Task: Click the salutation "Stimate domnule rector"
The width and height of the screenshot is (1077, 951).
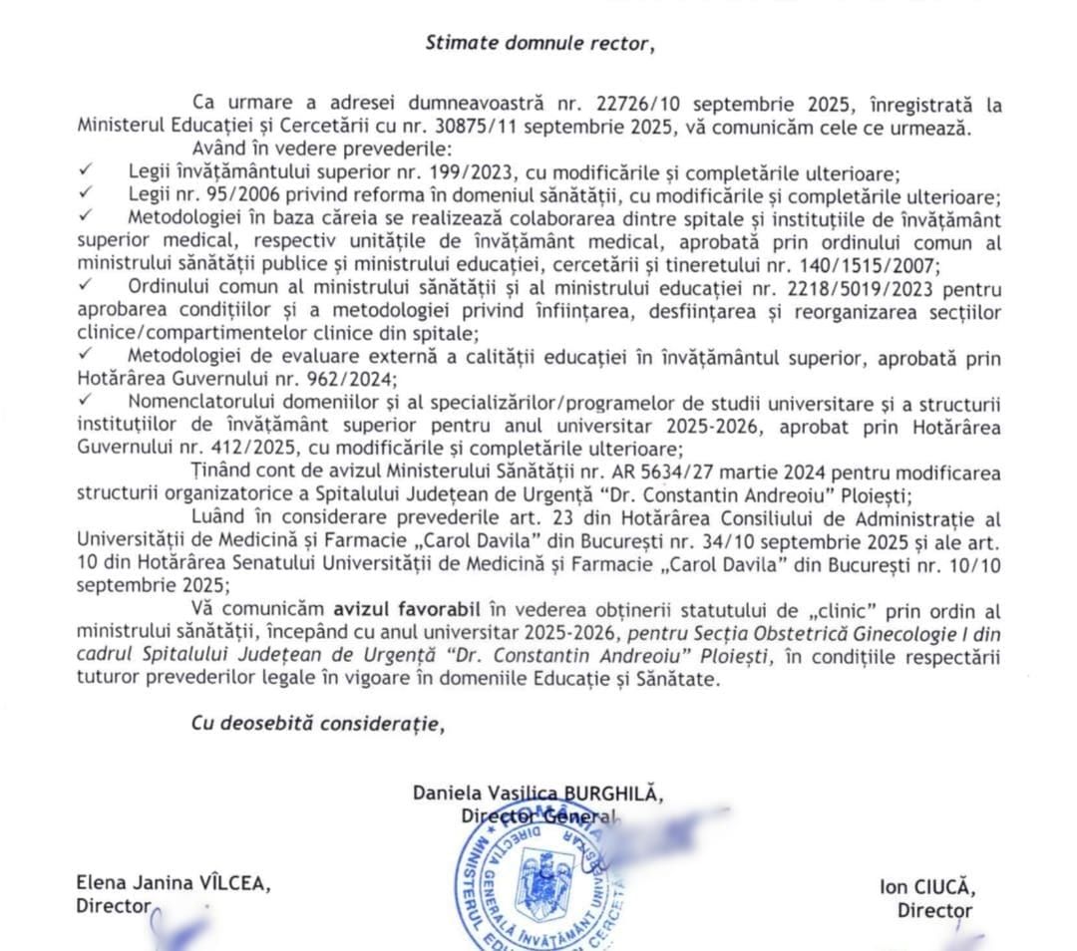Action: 542,42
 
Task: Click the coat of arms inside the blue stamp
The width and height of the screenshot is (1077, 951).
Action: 538,868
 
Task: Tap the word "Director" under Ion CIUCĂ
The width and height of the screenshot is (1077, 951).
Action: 934,909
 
